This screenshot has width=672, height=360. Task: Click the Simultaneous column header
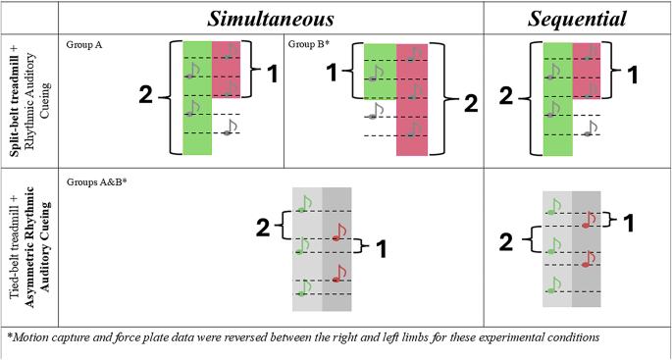pyautogui.click(x=270, y=19)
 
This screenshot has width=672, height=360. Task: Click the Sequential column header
pyautogui.click(x=577, y=19)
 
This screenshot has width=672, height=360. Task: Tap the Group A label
pyautogui.click(x=85, y=44)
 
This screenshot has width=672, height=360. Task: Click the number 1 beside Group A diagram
pyautogui.click(x=273, y=75)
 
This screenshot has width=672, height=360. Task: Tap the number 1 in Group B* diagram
pyautogui.click(x=331, y=73)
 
